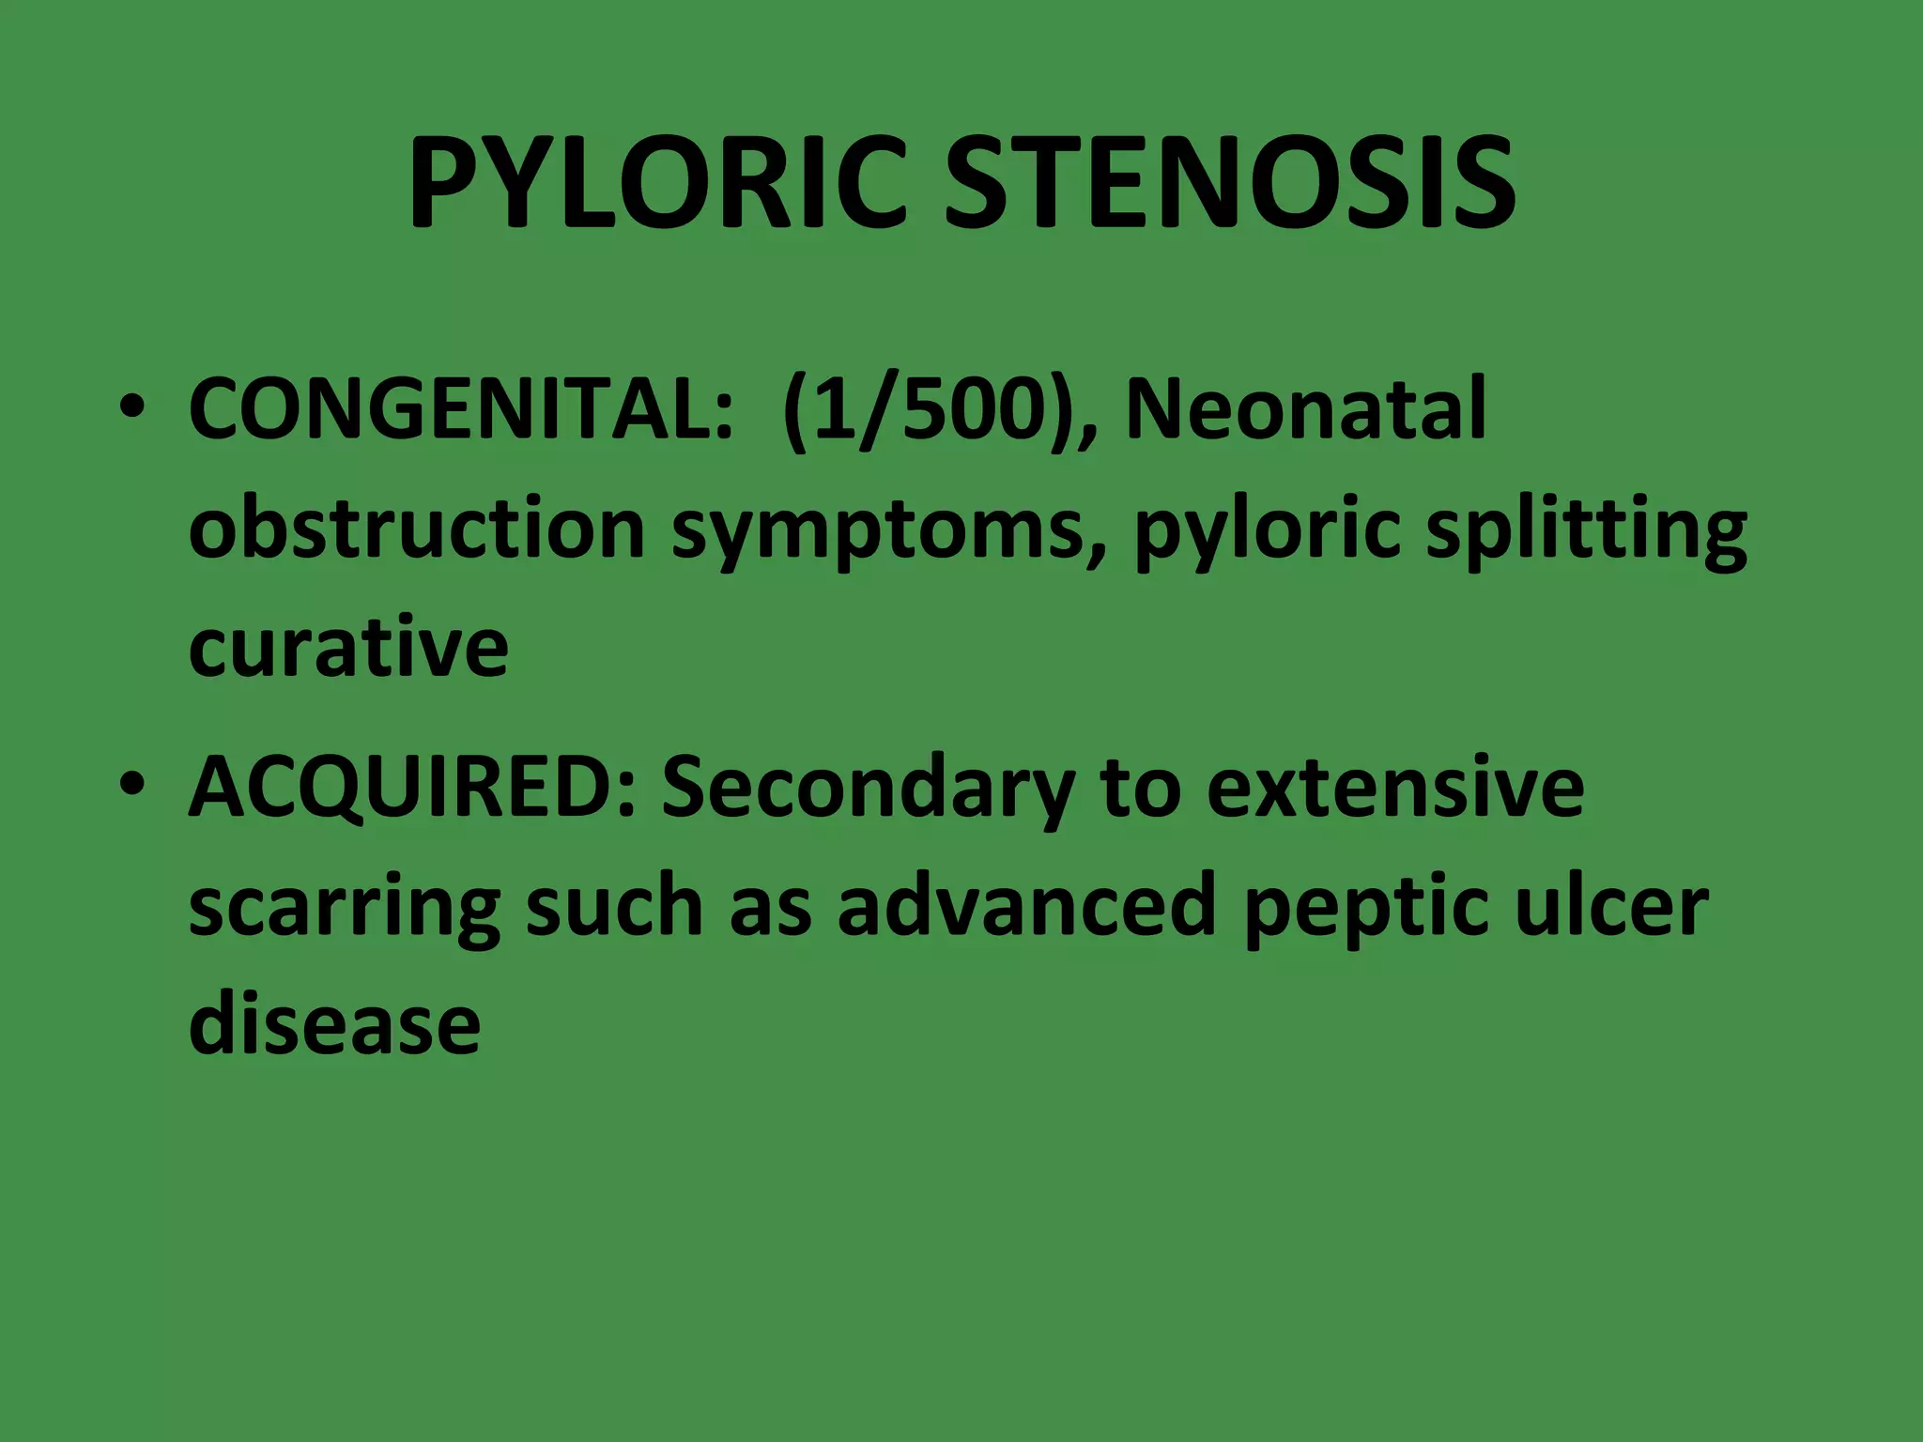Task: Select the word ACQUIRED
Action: click(x=413, y=789)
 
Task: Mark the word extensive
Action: click(x=1395, y=789)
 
